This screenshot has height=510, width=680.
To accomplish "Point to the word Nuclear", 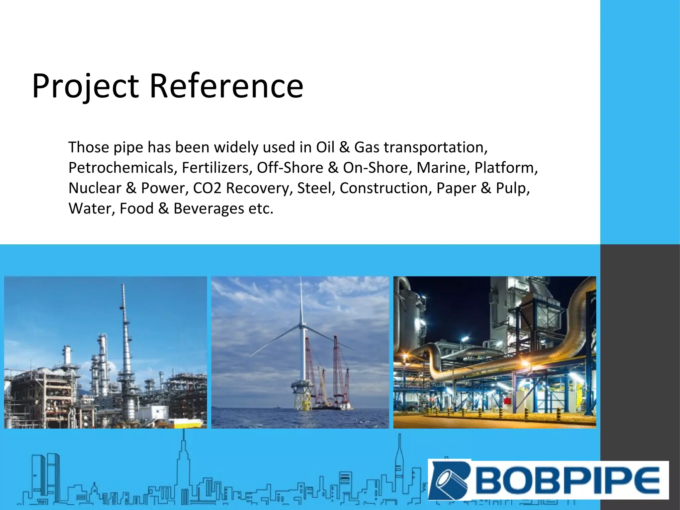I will pos(95,188).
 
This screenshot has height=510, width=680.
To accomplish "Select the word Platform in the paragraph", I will pos(506,168).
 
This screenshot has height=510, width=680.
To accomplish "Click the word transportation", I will pos(436,147).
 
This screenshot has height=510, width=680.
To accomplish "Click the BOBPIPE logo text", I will pos(568,480).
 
